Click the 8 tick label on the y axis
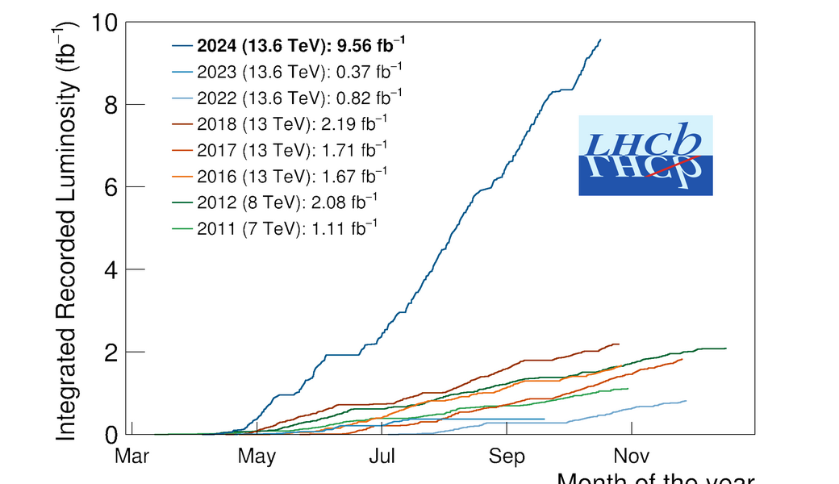click(112, 106)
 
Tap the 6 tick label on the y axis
click(112, 188)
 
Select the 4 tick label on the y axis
click(112, 270)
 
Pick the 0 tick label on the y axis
click(112, 435)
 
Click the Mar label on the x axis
click(131, 457)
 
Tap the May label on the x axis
click(257, 457)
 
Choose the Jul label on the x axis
click(381, 457)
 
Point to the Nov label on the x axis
click(630, 457)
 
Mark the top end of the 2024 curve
click(600, 40)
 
